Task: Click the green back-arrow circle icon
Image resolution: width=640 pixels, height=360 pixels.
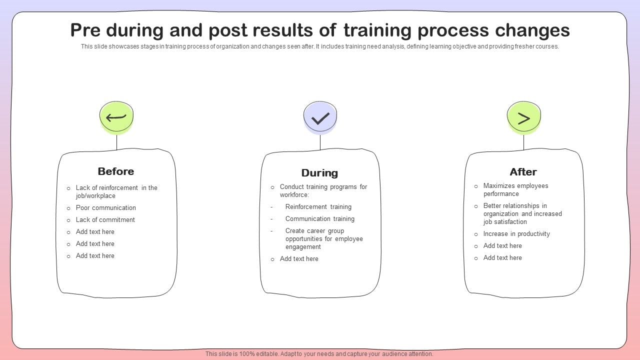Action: coord(116,117)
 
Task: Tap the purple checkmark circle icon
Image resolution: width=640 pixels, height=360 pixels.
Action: coord(320,117)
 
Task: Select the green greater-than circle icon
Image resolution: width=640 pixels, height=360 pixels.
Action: coord(523,117)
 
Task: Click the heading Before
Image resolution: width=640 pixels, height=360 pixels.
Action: coord(115,171)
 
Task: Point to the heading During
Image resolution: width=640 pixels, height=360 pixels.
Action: coord(319,173)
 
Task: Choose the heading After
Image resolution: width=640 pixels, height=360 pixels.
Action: coord(523,171)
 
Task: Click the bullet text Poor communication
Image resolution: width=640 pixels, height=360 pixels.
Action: coord(105,207)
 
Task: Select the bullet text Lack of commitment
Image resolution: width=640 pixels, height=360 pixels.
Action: coord(105,219)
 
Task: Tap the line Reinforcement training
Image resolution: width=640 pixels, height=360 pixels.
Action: coord(318,207)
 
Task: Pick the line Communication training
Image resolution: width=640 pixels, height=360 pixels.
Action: coord(319,219)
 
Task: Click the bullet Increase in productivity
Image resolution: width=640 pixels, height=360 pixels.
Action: coord(516,234)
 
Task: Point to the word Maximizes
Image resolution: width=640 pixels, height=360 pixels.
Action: coord(498,185)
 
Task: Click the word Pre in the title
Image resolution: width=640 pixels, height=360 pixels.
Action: coord(85,30)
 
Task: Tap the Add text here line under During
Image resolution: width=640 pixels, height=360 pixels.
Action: coord(299,259)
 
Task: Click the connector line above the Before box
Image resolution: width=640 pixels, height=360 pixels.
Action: coord(116,142)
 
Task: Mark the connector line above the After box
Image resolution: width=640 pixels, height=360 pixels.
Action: coord(523,142)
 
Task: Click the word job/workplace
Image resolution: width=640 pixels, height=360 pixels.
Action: coord(95,195)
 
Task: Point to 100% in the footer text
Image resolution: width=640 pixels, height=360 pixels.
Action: coord(247,353)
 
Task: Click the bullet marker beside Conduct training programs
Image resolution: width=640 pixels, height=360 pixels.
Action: coord(272,187)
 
